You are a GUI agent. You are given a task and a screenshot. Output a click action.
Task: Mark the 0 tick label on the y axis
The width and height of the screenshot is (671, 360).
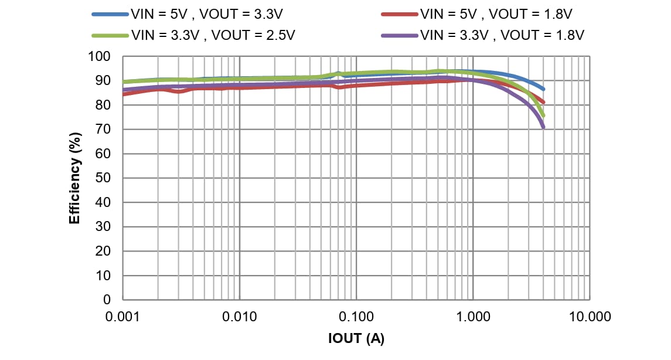tap(107, 300)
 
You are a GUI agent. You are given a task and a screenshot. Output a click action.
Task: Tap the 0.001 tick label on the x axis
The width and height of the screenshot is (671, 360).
tap(122, 317)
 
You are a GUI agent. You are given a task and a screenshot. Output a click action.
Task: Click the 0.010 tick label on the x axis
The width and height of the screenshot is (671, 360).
tap(239, 317)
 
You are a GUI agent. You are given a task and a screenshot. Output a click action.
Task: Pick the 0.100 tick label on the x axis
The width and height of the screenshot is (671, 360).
tap(356, 317)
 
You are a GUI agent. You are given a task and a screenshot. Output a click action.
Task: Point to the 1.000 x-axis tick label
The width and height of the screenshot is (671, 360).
tap(472, 317)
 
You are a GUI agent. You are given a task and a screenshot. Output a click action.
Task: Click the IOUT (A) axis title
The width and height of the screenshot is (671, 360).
tap(356, 339)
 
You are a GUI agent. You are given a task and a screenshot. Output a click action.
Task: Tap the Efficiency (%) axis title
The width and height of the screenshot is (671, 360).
tap(74, 178)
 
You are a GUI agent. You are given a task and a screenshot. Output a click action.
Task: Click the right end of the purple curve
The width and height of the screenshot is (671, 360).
tap(543, 127)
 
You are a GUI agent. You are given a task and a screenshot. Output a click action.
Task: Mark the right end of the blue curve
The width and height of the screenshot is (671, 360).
tap(543, 89)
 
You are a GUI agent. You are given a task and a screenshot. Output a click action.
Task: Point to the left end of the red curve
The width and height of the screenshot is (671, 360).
tap(123, 94)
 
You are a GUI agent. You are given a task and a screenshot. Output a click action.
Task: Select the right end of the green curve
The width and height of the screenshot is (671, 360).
tap(543, 116)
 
